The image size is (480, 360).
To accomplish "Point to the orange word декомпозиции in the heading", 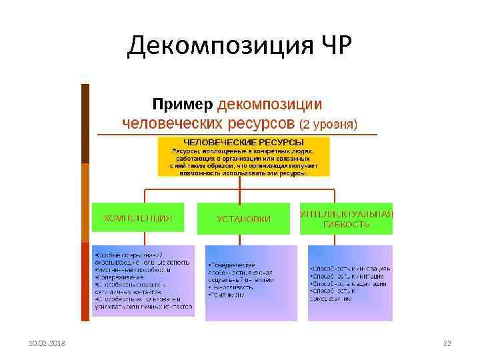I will (270, 105).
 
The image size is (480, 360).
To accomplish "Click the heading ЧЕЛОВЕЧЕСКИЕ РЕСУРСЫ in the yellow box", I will (243, 143).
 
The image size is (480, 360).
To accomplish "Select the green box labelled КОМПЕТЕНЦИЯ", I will (141, 218).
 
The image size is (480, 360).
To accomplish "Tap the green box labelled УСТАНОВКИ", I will (243, 219).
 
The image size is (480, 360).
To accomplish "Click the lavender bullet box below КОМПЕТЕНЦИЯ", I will (143, 281).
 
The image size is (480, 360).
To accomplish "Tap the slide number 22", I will (447, 343).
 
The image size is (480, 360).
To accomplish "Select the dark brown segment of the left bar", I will (85, 123).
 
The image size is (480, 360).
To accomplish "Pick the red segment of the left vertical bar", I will (85, 281).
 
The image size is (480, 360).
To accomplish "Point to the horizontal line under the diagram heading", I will (237, 135).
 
